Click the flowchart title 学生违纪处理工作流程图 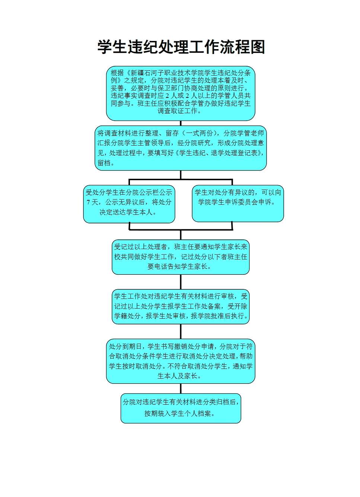tap(181, 47)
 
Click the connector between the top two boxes tap(181, 123)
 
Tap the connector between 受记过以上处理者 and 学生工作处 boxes tap(181, 282)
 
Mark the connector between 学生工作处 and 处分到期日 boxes tap(181, 331)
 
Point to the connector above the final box tap(181, 388)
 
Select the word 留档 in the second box tap(104, 163)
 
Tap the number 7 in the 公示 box tap(88, 202)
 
